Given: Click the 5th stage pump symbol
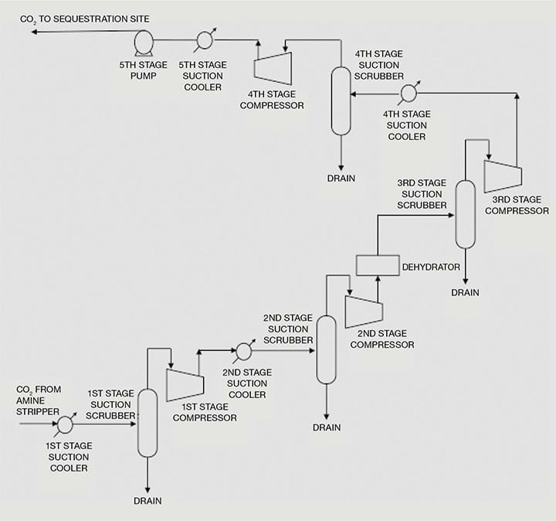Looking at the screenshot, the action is [144, 43].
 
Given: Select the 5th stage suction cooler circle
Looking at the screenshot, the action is [205, 40].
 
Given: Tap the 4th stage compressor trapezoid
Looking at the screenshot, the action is [273, 69].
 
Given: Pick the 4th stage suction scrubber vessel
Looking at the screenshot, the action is [341, 101].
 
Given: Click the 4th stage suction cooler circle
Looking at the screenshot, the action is [409, 94].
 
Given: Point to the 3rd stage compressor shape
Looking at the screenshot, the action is [503, 176].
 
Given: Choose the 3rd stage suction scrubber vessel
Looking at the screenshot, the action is [465, 214].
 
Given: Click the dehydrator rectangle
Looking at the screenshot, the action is [378, 265].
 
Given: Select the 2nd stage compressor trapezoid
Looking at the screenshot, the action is [364, 312].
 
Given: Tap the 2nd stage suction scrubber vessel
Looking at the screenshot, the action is [326, 350].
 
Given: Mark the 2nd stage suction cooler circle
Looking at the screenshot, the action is [243, 351].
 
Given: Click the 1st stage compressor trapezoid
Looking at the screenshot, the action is [185, 385].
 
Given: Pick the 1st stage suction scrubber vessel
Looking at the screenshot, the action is [147, 423].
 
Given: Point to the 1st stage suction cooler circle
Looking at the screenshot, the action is [65, 424].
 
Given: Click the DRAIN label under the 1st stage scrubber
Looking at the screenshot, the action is [147, 501].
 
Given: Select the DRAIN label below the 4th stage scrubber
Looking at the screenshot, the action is [341, 178].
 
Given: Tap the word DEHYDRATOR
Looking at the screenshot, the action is [431, 267].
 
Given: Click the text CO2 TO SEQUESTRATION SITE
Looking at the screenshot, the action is [85, 19].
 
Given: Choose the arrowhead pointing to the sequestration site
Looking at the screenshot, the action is [35, 32].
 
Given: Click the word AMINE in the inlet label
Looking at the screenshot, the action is [30, 400].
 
